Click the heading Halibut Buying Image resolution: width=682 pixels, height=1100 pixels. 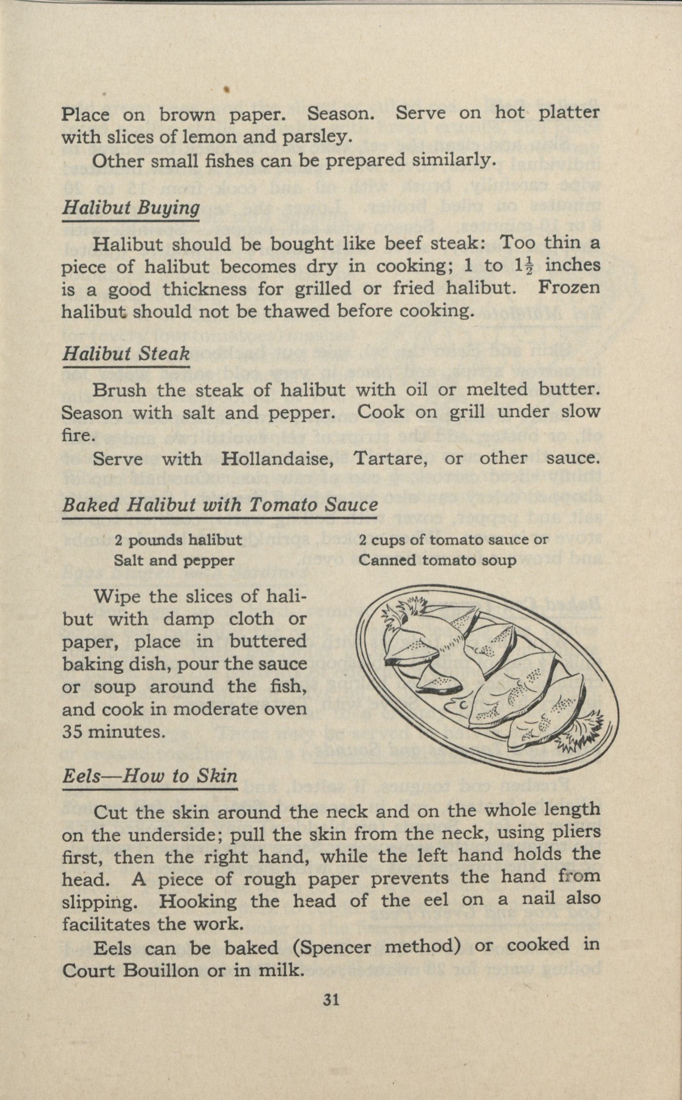coord(131,208)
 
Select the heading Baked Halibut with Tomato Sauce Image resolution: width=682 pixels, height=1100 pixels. coord(220,504)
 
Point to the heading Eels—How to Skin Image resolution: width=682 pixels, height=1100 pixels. coord(149,775)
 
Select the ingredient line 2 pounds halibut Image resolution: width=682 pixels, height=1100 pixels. coord(178,540)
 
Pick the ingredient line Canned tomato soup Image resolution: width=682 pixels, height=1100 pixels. coord(437,560)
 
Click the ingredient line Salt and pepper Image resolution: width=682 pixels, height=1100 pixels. coord(174,560)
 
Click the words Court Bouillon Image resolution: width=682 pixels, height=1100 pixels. coord(130,970)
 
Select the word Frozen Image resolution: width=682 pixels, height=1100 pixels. coord(569,288)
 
